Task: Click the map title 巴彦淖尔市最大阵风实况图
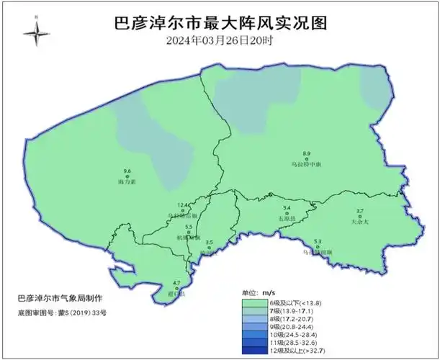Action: [x=220, y=23]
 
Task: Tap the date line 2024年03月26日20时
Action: [x=219, y=41]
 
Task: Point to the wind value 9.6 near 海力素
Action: [x=127, y=171]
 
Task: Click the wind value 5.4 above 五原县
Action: [x=287, y=208]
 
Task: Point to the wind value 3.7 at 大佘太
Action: [x=360, y=211]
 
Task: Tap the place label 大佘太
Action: [x=360, y=222]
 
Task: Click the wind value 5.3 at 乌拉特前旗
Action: [x=318, y=241]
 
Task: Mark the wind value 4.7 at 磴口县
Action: [x=176, y=282]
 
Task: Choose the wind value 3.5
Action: [x=210, y=243]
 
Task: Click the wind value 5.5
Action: [x=189, y=227]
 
